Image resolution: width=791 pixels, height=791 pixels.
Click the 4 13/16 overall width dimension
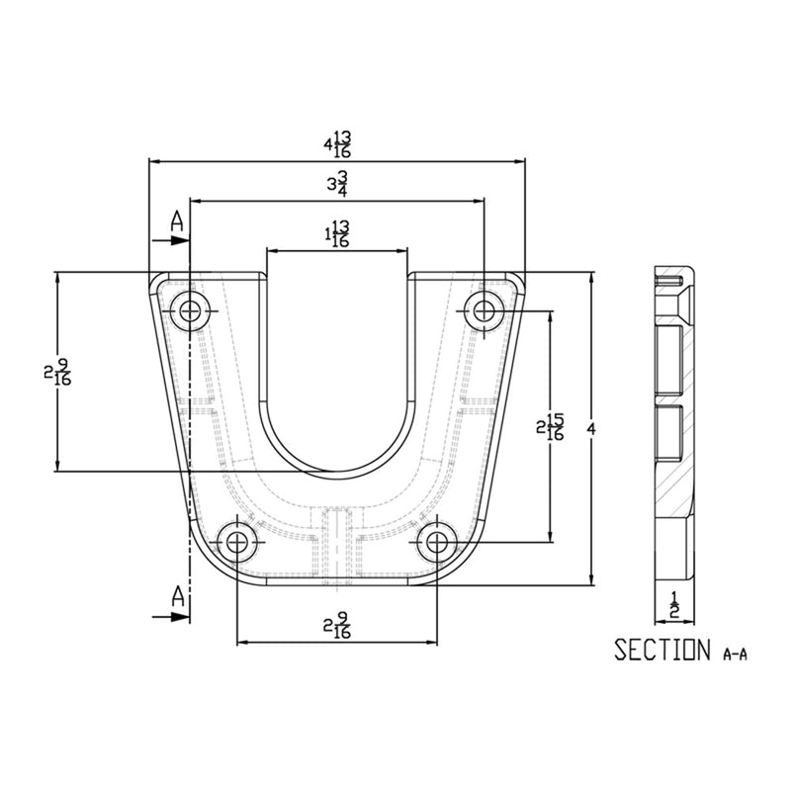337,144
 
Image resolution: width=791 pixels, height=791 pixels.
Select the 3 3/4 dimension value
337,185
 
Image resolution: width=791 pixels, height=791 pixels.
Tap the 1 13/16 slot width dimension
337,234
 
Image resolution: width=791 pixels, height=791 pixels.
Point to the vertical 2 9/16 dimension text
57,373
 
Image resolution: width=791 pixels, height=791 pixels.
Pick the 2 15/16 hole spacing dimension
550,427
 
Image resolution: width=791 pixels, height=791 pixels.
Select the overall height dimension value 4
591,428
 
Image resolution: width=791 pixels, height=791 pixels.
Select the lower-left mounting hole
237,542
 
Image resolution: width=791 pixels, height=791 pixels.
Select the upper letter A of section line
176,220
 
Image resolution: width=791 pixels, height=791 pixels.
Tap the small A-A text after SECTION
736,654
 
